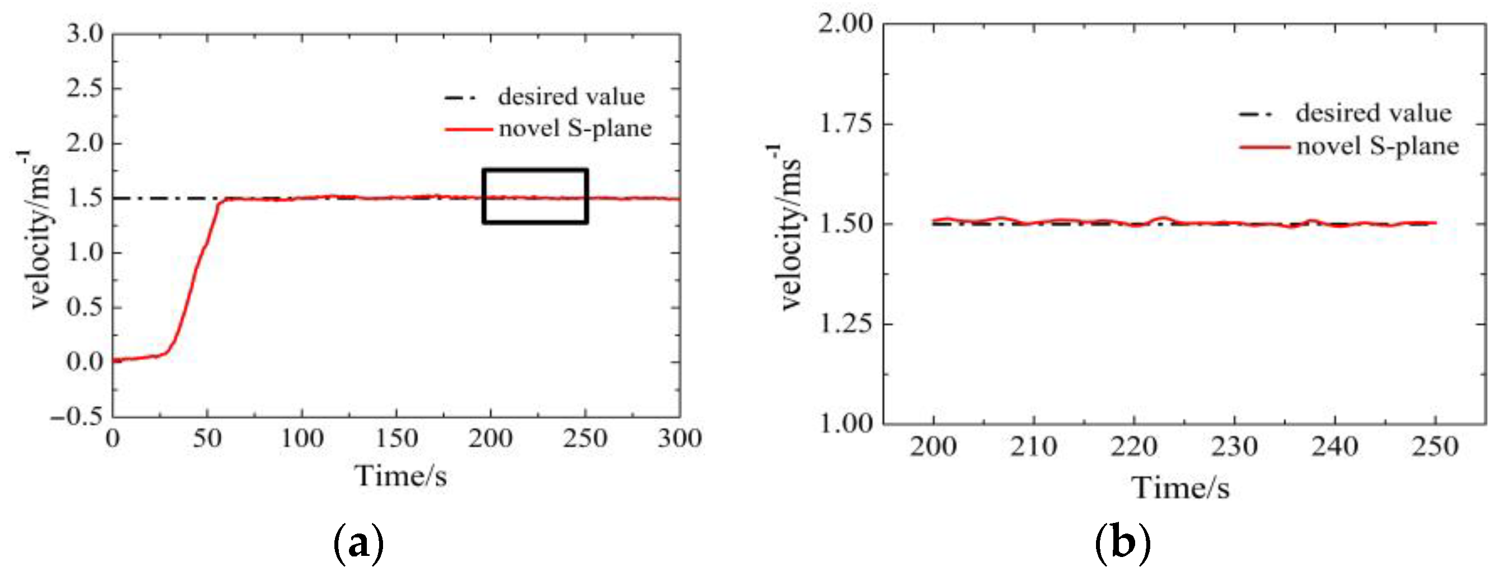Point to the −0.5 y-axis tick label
pos(77,416)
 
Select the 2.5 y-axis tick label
pos(84,88)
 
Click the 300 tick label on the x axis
pos(679,439)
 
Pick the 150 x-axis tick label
pos(396,439)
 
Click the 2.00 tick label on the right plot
pos(846,24)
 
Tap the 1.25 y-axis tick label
pos(846,323)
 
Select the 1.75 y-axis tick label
pos(846,124)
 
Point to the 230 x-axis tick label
pos(1234,448)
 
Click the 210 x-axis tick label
pos(1034,448)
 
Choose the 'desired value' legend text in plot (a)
pos(571,97)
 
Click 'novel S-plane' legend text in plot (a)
pos(575,128)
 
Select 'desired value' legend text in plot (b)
pos(1373,113)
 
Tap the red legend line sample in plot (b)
pos(1264,147)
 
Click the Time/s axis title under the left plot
pos(401,476)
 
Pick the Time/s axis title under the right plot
pos(1180,488)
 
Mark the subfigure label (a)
pos(358,543)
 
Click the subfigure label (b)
pos(1122,543)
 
